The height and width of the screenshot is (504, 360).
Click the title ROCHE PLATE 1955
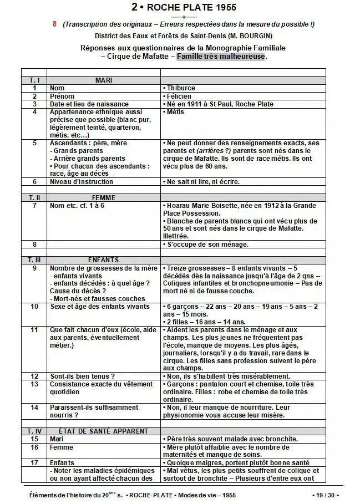tap(184, 8)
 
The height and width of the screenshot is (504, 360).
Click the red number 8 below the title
tap(54, 24)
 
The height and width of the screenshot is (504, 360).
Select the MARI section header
tap(104, 80)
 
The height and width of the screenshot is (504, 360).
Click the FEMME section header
tap(104, 197)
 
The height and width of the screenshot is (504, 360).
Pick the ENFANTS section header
tap(104, 259)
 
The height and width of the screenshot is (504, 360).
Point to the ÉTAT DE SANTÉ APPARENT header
tap(104, 431)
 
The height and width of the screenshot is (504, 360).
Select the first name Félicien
tap(178, 96)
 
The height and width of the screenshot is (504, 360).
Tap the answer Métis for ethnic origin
tap(175, 112)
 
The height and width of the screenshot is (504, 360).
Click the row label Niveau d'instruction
tap(81, 182)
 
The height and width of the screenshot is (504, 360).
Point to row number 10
tap(34, 306)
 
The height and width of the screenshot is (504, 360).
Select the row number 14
tap(34, 408)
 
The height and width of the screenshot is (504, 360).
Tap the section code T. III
tap(34, 259)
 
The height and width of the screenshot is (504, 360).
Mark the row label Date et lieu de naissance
tap(89, 104)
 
